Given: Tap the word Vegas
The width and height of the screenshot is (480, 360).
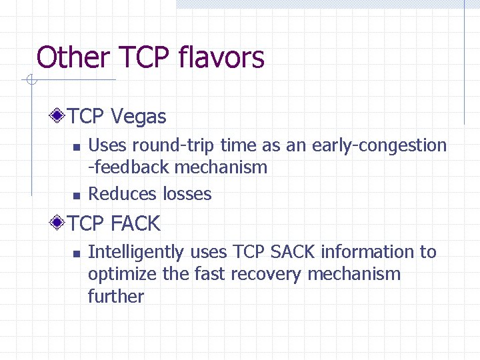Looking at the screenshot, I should pos(139,117).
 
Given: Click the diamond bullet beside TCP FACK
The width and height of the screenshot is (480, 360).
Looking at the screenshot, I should pos(59,223).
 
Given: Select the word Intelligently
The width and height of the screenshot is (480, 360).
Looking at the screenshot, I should pos(137,252).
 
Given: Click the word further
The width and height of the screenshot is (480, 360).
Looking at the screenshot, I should pos(115,296).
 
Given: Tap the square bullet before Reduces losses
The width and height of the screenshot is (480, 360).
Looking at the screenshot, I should pos(76,195).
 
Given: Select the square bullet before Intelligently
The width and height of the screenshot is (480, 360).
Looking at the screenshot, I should pos(76,253).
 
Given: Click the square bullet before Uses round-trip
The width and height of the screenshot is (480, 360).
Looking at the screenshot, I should pos(76,147).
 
